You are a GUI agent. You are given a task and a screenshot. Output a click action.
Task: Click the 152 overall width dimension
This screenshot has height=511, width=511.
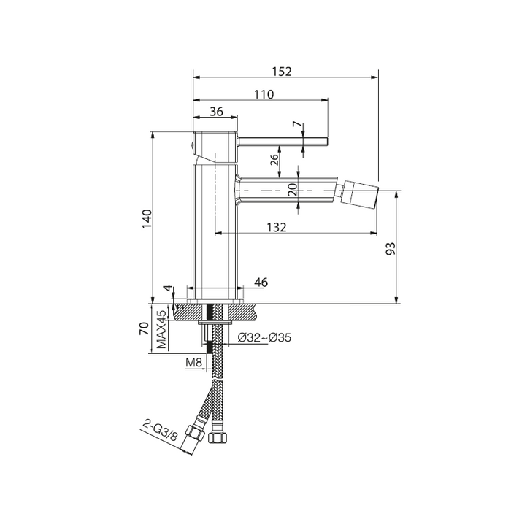tap(282, 72)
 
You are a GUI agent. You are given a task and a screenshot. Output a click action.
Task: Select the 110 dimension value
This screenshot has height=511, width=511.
tap(264, 94)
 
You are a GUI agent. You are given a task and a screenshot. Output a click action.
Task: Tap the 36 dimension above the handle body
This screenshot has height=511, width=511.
tap(216, 112)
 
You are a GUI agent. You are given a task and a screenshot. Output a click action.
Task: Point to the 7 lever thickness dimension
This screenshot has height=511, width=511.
tap(296, 125)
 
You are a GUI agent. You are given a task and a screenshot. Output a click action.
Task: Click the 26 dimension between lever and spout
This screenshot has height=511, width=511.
tap(274, 159)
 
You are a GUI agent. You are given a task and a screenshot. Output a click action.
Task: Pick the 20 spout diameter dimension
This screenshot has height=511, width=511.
tap(293, 189)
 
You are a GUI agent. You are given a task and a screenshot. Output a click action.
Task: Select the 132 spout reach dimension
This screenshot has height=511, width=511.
tap(277, 227)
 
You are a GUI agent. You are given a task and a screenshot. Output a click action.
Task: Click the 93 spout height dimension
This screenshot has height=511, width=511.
tap(391, 248)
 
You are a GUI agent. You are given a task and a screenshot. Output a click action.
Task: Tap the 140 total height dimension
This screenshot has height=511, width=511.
tap(147, 219)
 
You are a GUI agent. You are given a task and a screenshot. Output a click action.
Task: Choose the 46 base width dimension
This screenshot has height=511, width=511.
tap(261, 283)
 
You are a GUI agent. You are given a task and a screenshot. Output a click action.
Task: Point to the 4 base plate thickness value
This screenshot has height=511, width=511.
tap(167, 288)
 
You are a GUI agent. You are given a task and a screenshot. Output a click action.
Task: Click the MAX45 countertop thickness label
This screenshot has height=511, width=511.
tap(161, 329)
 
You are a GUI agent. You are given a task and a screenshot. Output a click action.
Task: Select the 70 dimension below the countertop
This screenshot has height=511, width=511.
tap(144, 328)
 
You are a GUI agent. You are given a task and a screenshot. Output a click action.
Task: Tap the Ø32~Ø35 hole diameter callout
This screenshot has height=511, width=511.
tap(264, 337)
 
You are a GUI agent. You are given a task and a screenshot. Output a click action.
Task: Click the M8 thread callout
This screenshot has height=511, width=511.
tap(194, 362)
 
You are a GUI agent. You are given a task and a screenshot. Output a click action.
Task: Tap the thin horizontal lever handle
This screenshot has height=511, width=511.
tap(283, 141)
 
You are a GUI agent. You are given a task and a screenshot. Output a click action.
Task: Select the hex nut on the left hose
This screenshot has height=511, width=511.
tap(195, 433)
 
